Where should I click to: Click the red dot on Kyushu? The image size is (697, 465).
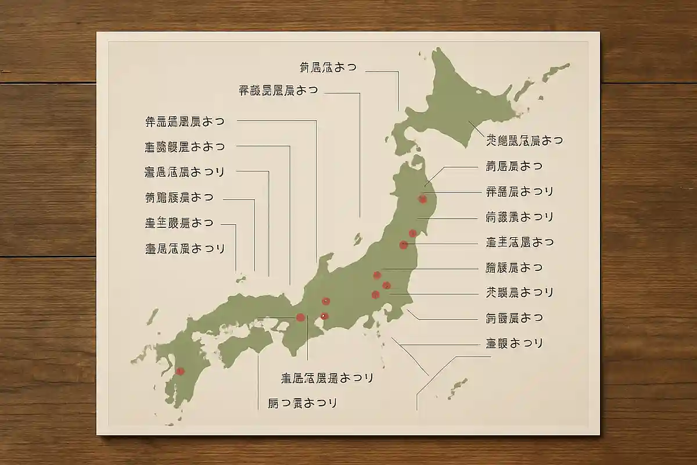click(180, 371)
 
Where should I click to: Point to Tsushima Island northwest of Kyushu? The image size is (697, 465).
click(152, 317)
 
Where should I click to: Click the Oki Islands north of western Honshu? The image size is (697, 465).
click(240, 280)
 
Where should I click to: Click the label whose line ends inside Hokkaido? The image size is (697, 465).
click(524, 140)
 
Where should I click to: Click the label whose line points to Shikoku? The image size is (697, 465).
click(302, 402)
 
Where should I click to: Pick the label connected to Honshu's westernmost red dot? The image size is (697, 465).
click(327, 378)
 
